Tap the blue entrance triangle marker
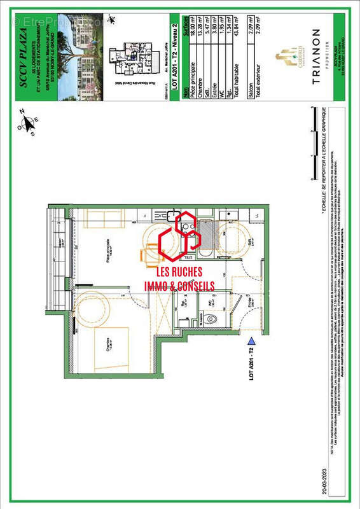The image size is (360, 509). [253, 342]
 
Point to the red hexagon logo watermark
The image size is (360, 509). [180, 239]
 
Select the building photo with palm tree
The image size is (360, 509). [76, 57]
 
